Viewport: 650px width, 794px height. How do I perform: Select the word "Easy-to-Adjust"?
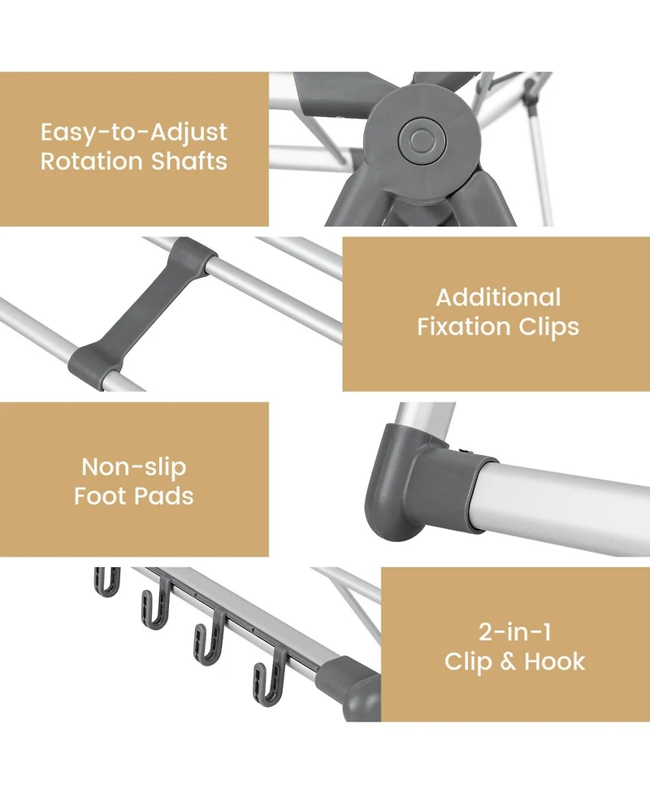pyautogui.click(x=134, y=132)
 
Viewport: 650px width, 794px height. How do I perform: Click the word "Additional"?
pyautogui.click(x=498, y=297)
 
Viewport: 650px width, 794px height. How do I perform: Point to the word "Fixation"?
pyautogui.click(x=464, y=327)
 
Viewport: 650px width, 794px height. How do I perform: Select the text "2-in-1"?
pyautogui.click(x=514, y=631)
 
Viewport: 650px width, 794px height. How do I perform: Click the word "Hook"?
pyautogui.click(x=554, y=661)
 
